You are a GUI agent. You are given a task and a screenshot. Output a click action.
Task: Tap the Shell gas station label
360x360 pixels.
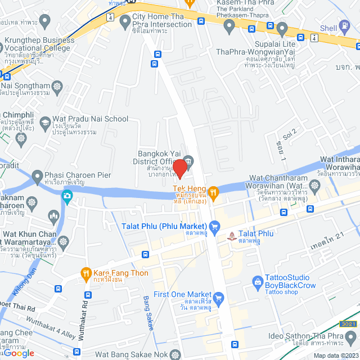click(x=328, y=28)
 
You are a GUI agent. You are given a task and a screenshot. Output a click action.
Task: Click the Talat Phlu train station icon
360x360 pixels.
click(x=231, y=236)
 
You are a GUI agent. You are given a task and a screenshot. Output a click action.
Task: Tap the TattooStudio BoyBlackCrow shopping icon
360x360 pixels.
click(x=258, y=281)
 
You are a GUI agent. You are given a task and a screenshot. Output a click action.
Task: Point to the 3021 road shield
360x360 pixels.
click(x=348, y=323)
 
